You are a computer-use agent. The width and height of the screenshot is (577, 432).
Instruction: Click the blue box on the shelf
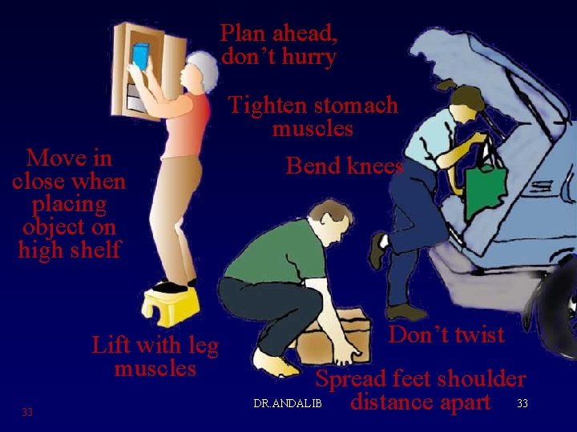140,56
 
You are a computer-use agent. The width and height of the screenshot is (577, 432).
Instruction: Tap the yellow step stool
171,306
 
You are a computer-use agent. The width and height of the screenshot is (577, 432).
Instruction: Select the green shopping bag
486,192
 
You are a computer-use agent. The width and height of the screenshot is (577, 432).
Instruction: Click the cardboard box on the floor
334,337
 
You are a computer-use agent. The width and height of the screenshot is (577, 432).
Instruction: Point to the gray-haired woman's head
200,72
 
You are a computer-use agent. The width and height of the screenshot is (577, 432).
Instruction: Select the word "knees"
375,166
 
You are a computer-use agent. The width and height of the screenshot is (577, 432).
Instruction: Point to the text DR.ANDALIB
288,403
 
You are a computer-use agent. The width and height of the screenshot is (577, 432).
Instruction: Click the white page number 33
523,403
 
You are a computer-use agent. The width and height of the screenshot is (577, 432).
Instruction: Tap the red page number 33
27,412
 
